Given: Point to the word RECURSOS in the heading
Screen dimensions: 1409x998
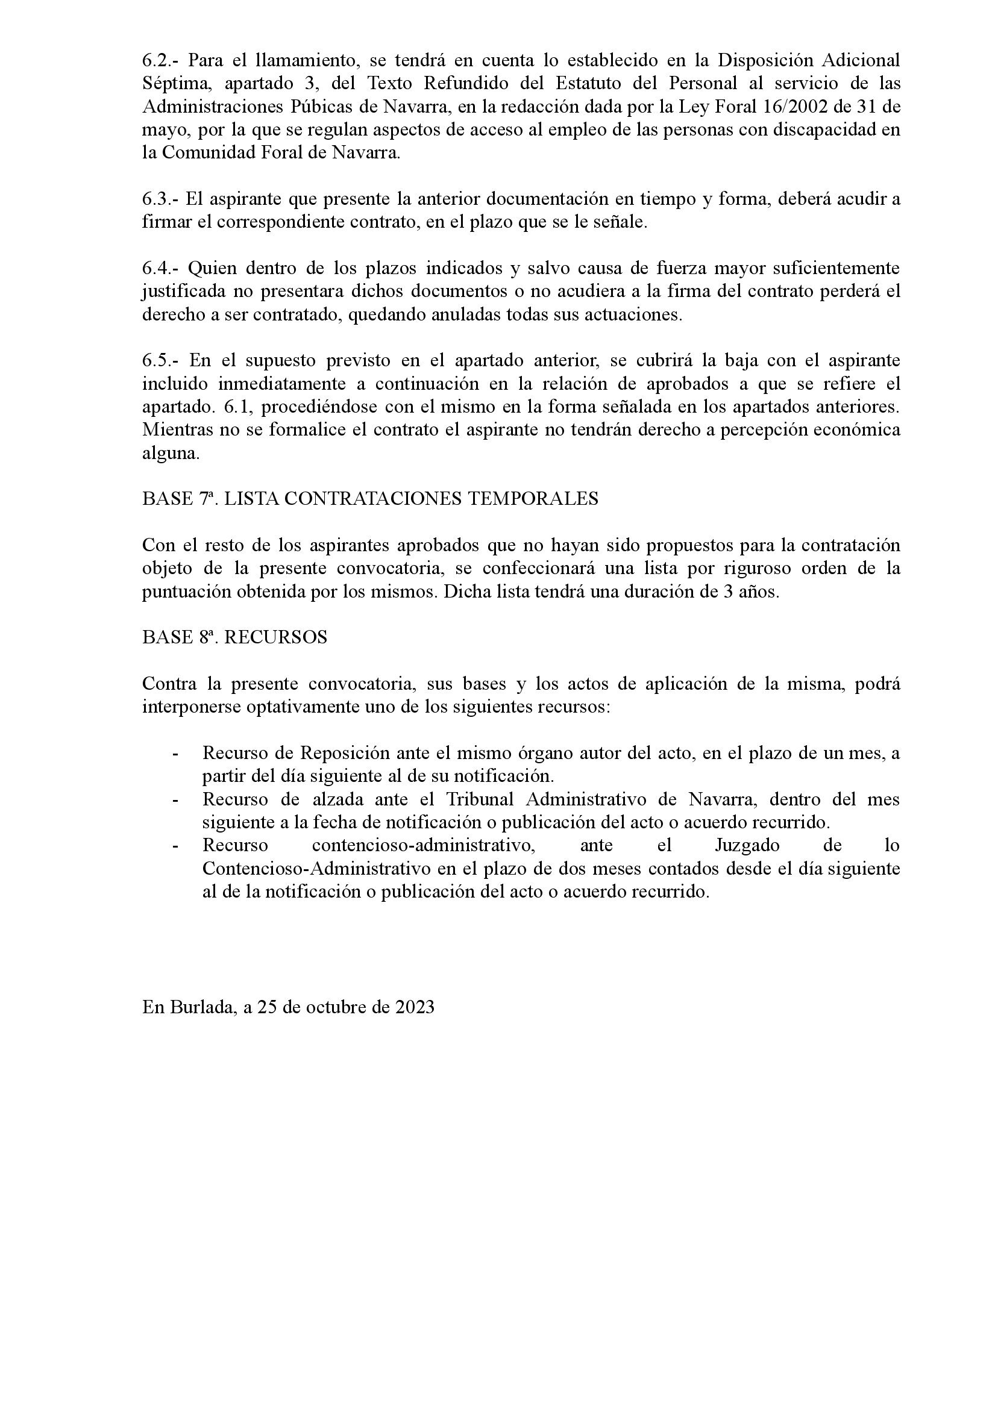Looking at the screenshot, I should (x=275, y=637).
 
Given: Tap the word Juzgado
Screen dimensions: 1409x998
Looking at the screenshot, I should (x=747, y=846).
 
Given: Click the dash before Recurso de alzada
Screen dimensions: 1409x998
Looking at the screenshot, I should (x=176, y=800).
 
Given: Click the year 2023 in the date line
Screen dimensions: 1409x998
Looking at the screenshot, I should (x=415, y=1007).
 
